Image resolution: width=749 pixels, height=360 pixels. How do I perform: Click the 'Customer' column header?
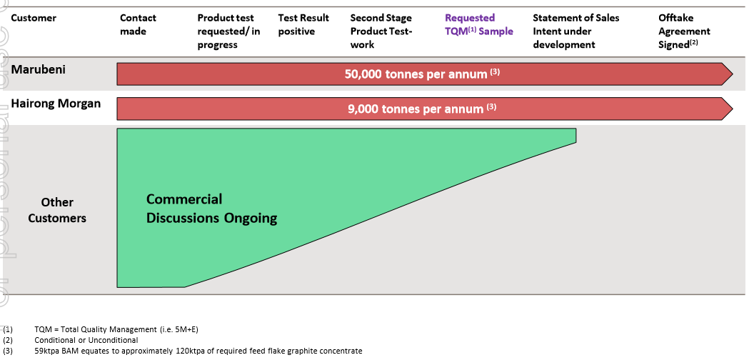coord(34,18)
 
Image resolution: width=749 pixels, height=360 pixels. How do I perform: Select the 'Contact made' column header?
coord(138,25)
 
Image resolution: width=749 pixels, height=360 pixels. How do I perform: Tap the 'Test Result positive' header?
coord(303,25)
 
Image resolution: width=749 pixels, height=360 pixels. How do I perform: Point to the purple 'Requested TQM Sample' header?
coord(479,25)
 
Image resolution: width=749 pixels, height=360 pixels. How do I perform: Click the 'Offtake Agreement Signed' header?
coord(684,31)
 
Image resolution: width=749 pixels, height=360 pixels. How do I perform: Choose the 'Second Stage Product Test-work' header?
coord(381,31)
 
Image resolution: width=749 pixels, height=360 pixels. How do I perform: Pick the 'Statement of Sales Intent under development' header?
coord(576,31)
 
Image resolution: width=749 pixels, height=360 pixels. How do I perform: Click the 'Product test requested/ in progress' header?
coord(228,31)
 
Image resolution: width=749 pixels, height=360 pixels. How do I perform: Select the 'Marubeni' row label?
coord(39,69)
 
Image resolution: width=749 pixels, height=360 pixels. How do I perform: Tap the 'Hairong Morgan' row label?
coord(56,104)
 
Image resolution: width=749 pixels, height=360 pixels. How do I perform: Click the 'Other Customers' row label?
coord(57,211)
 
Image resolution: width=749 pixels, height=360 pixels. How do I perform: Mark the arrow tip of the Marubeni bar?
coord(733,74)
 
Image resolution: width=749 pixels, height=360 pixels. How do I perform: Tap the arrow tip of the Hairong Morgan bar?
coord(733,109)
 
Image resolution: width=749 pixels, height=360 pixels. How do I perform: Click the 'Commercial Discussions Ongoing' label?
coord(211,209)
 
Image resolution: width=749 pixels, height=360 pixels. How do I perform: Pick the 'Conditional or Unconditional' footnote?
coord(71,341)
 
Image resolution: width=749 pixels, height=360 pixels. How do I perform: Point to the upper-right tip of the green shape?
coord(575,129)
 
